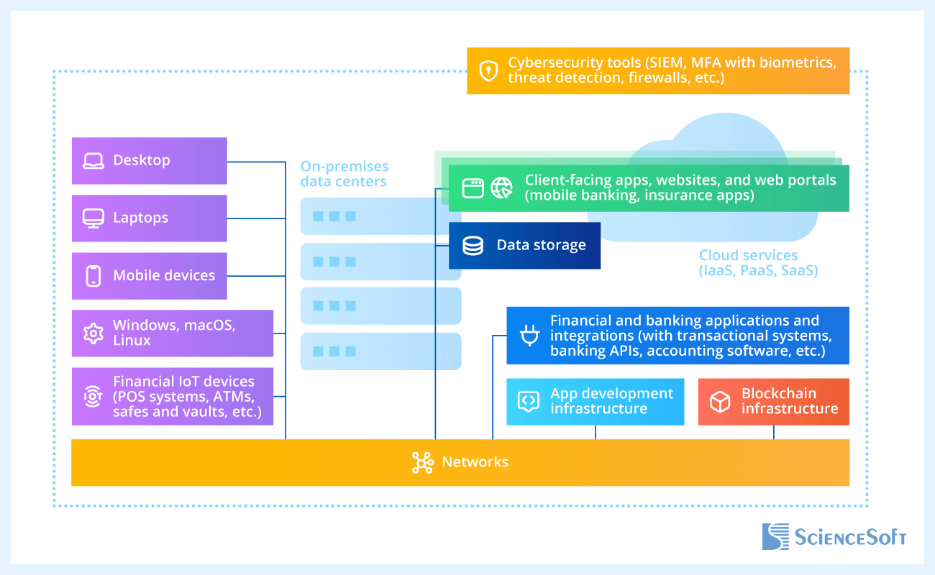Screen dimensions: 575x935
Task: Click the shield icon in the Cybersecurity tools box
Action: [x=489, y=70]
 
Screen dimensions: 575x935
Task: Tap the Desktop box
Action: [x=149, y=160]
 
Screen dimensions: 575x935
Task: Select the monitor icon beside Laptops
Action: [x=93, y=218]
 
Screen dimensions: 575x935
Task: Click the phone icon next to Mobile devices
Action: [x=93, y=276]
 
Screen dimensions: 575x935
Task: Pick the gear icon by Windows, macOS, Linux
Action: [x=93, y=333]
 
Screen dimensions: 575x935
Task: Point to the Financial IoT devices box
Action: [x=173, y=396]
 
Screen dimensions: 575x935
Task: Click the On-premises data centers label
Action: [x=344, y=174]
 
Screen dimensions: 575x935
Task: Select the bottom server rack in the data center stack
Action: [x=380, y=351]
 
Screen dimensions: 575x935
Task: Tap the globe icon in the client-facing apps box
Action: [x=501, y=188]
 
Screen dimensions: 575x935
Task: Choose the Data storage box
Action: [x=524, y=246]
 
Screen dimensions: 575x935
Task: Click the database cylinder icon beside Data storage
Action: [x=473, y=246]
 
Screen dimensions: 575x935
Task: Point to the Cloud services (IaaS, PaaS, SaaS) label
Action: [x=758, y=263]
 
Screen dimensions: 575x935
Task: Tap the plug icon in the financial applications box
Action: [x=529, y=335]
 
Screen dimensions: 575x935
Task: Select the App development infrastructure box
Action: [x=595, y=401]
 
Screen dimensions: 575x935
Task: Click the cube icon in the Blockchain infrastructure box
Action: [x=720, y=402]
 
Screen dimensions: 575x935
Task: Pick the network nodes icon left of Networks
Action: [x=422, y=463]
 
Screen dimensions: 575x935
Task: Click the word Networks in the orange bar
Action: [x=475, y=462]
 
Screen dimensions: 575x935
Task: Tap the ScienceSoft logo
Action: [x=834, y=537]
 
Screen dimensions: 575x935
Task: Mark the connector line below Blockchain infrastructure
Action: [x=774, y=432]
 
